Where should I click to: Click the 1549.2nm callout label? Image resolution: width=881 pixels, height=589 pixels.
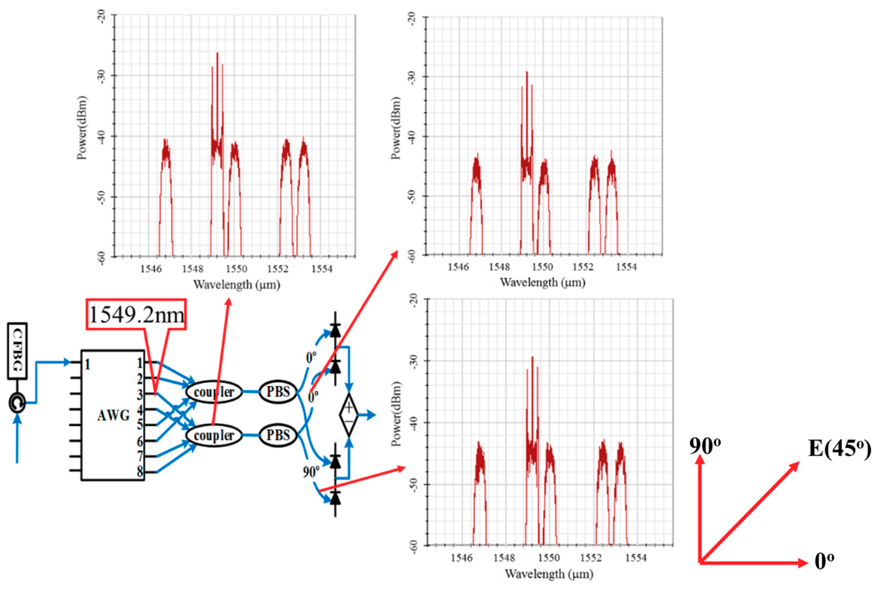click(x=136, y=315)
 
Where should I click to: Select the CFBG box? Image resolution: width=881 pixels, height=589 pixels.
click(x=17, y=350)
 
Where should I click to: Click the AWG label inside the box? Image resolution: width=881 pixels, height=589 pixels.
click(x=113, y=415)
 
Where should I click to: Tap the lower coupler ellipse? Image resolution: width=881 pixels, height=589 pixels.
click(x=214, y=435)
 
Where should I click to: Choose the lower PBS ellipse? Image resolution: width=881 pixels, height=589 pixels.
click(x=278, y=435)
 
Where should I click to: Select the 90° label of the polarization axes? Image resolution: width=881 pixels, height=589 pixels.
click(x=705, y=446)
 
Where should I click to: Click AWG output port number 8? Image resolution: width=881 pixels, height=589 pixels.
click(x=140, y=472)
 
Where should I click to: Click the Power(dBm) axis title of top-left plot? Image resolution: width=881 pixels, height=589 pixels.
click(x=82, y=128)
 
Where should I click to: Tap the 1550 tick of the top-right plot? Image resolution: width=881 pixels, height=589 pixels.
click(x=542, y=267)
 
